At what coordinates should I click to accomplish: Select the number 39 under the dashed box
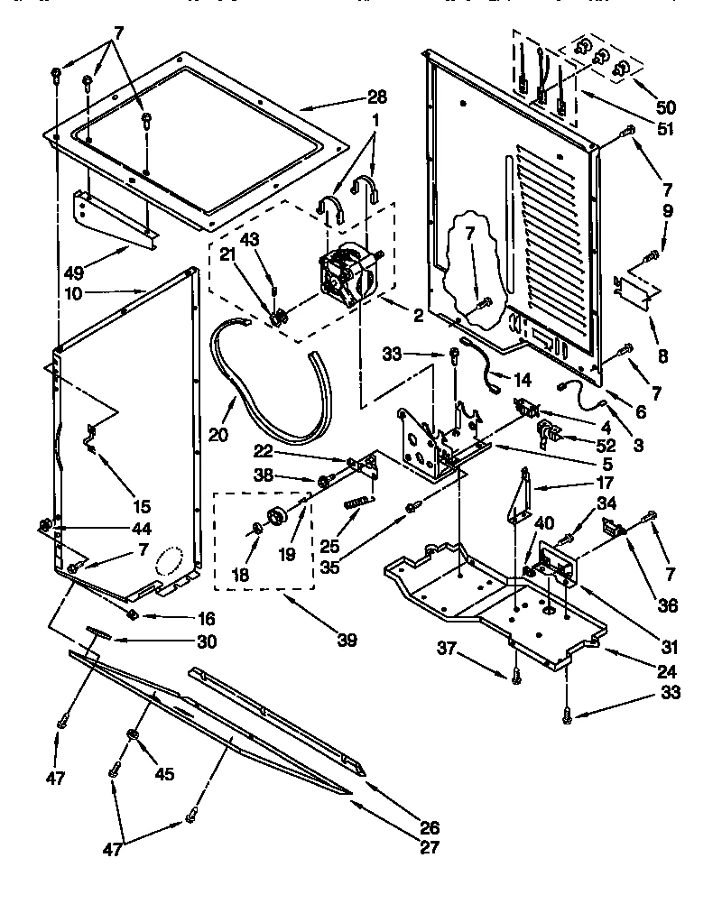[346, 641]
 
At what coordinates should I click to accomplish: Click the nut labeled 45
[133, 737]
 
